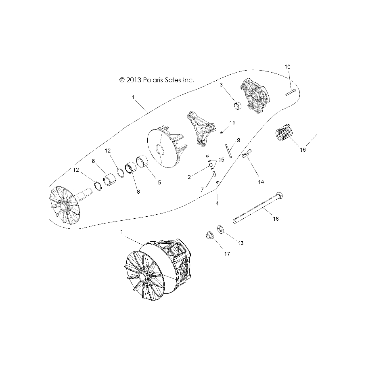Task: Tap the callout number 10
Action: pos(287,66)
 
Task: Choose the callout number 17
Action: pos(227,254)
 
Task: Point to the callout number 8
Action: pos(138,192)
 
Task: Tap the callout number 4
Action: pos(217,203)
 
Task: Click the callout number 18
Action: pos(276,219)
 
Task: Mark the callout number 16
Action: pos(303,150)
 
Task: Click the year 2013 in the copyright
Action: pos(134,80)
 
